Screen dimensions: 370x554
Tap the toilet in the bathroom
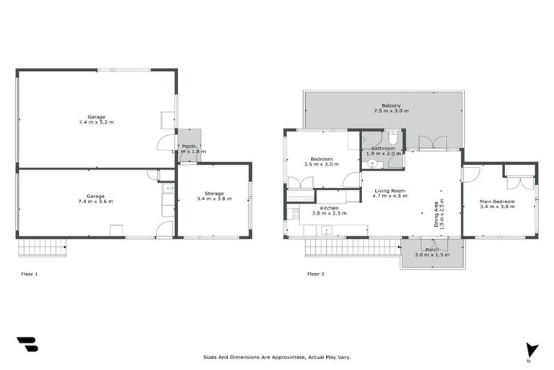(393, 137)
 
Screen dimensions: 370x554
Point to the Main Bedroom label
(498, 201)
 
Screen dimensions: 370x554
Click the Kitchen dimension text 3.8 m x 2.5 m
(329, 213)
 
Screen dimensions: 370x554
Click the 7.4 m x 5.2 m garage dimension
(96, 122)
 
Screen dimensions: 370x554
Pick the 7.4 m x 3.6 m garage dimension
(96, 202)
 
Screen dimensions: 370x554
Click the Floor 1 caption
(30, 274)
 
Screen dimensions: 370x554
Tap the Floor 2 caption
(315, 274)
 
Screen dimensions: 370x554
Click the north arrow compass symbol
(532, 350)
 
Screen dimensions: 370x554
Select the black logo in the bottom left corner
(27, 345)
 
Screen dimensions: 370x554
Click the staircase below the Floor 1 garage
(43, 248)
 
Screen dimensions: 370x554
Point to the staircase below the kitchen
(352, 248)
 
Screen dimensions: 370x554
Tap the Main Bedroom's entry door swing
(469, 174)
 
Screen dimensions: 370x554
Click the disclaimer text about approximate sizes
(277, 357)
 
